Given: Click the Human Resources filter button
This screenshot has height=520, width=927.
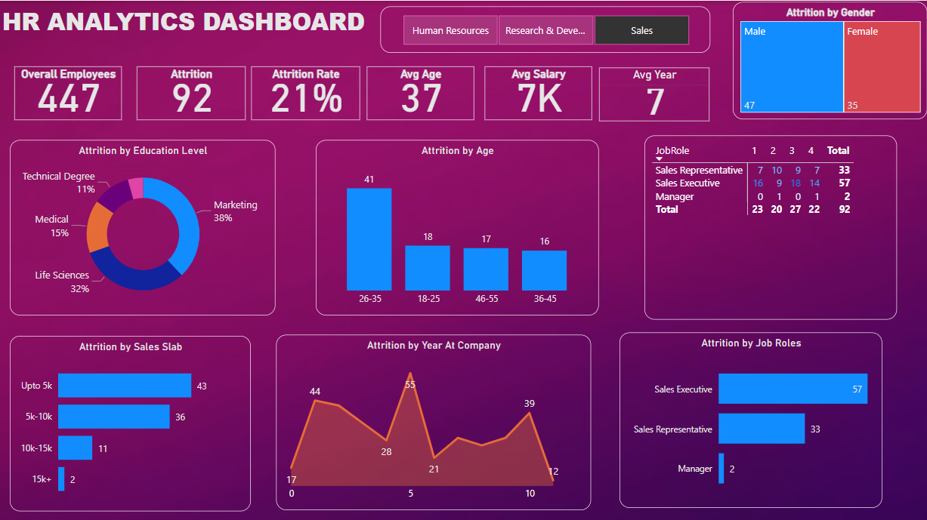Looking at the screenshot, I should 450,31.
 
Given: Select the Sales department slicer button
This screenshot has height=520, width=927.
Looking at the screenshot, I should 641,31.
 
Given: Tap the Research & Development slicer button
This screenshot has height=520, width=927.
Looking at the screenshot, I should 545,31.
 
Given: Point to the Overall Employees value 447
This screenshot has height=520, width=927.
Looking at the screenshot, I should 68,99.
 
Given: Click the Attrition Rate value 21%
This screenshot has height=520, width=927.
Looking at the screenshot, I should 306,99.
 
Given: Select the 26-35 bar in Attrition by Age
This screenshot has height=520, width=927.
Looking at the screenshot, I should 369,238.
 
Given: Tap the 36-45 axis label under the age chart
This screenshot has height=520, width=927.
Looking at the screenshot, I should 544,299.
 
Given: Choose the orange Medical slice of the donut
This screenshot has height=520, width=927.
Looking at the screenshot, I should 99,226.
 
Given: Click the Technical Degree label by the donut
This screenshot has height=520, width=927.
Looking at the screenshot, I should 58,177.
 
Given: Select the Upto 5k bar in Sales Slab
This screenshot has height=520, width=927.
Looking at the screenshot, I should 125,386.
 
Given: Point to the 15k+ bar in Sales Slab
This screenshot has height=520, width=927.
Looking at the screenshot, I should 61,479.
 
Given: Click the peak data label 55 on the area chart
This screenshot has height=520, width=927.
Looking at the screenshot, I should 410,384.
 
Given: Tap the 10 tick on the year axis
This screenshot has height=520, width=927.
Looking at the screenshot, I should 530,494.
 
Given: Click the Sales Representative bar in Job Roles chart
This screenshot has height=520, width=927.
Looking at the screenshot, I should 761,429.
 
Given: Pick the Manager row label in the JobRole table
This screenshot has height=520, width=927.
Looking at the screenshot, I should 674,196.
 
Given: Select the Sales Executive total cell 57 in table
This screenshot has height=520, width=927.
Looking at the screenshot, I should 844,183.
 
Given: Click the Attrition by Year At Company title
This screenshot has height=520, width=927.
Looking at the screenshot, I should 434,345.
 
